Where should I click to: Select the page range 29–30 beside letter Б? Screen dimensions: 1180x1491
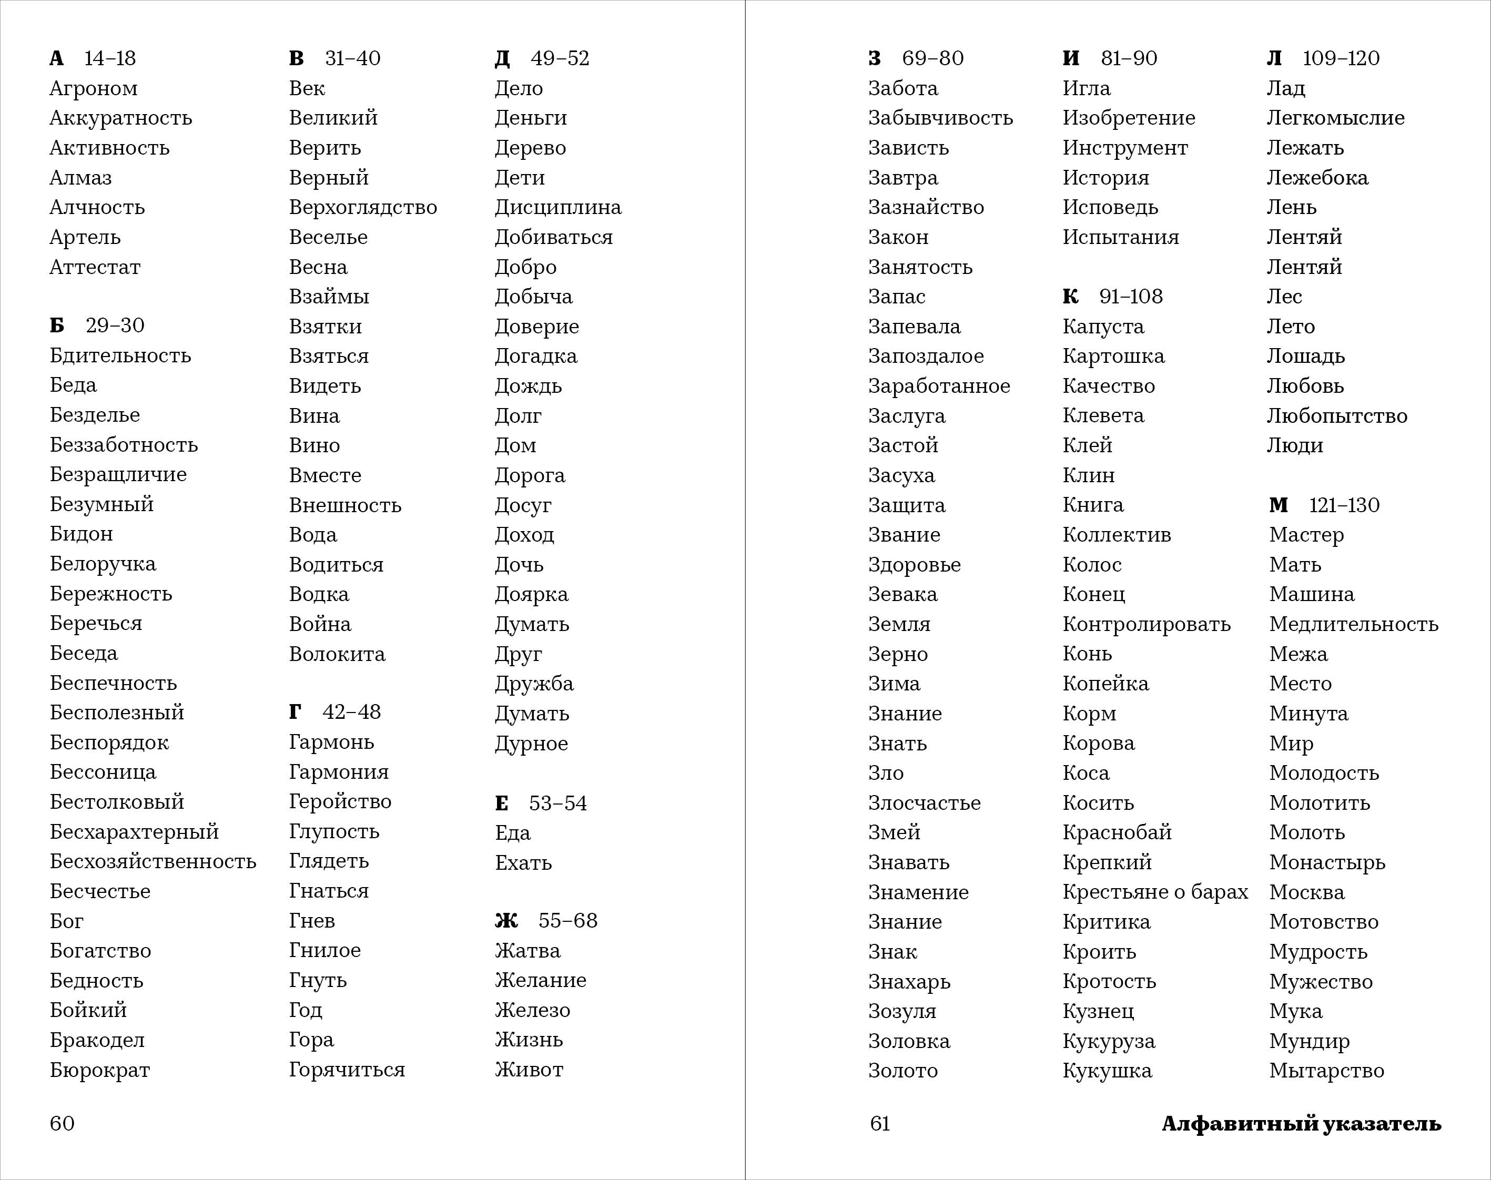(115, 325)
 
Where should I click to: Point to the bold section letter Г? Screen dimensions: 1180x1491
(295, 711)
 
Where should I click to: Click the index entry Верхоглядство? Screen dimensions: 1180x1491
(363, 207)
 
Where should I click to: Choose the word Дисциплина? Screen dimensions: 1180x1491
(557, 207)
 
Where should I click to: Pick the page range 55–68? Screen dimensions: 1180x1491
(567, 921)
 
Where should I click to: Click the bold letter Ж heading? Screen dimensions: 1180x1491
(506, 921)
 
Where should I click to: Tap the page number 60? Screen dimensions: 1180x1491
(62, 1123)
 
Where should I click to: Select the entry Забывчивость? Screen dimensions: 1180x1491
(940, 118)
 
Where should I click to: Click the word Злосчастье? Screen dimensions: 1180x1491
(925, 803)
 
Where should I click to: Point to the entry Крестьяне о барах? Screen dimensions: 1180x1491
(1155, 892)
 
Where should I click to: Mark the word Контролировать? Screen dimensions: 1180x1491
(1146, 624)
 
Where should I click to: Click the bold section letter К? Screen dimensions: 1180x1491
(1070, 297)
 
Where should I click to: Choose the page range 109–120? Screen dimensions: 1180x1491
(1341, 58)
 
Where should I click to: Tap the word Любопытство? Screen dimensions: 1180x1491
(1336, 416)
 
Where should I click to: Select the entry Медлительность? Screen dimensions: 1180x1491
(1354, 624)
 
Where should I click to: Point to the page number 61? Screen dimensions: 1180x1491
(879, 1123)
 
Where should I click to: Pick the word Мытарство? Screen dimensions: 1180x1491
(1326, 1071)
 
